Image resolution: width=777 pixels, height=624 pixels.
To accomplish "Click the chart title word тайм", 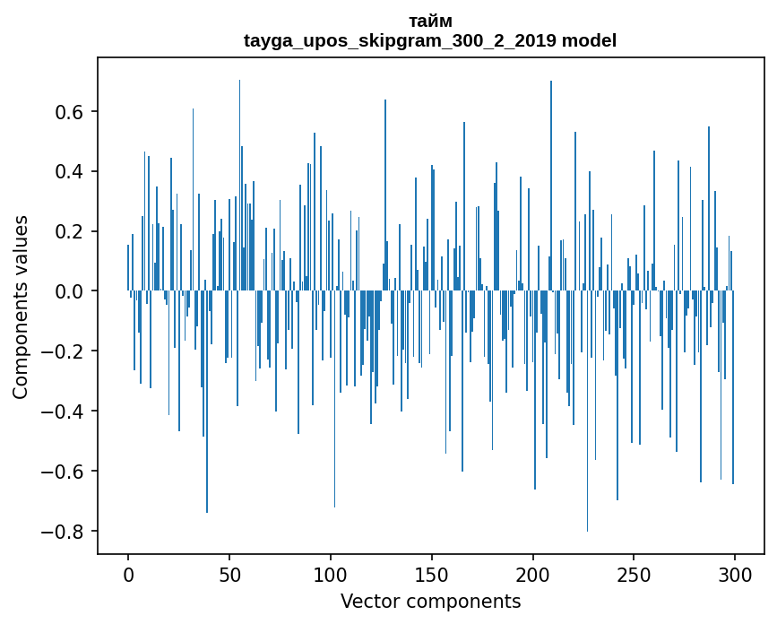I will click(x=430, y=22).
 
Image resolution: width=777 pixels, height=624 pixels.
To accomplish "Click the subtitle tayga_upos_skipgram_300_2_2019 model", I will click(x=430, y=41).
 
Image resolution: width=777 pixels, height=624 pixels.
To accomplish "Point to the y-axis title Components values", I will click(x=21, y=307).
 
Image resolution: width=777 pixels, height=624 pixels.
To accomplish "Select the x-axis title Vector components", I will click(x=430, y=602).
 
